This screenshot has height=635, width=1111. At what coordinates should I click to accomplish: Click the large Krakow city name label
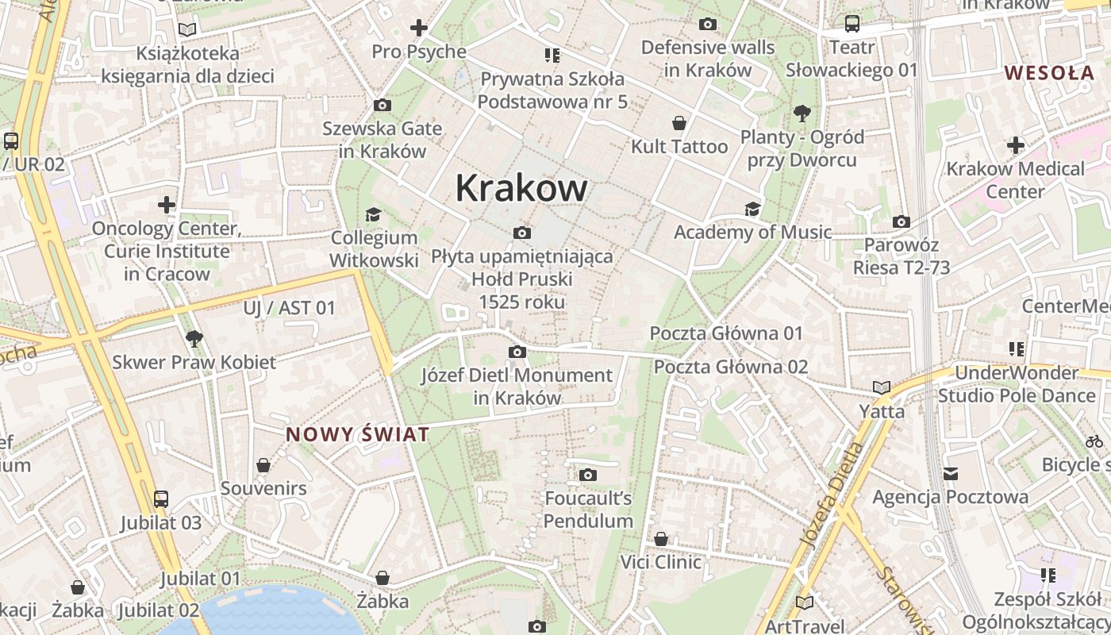[x=521, y=188]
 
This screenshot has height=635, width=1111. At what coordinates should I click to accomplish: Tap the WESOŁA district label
[x=1049, y=73]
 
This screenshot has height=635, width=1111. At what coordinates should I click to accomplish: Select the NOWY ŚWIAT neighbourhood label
[x=357, y=434]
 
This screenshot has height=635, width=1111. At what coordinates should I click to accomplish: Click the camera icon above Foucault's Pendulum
[x=588, y=475]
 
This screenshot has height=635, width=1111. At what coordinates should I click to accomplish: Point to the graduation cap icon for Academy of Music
[x=752, y=209]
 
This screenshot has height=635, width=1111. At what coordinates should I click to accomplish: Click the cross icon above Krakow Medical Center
[x=1016, y=145]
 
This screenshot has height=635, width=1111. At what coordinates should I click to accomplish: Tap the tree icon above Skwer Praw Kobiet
[x=194, y=339]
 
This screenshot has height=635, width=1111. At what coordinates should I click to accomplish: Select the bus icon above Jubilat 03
[x=161, y=499]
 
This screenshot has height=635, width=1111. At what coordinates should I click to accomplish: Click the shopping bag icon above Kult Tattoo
[x=679, y=123]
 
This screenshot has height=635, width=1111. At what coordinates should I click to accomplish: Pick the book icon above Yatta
[x=881, y=387]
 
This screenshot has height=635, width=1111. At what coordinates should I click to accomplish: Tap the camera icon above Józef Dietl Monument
[x=517, y=352]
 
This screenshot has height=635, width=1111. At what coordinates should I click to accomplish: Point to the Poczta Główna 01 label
[x=726, y=333]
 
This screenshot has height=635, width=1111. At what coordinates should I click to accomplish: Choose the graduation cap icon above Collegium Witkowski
[x=373, y=214]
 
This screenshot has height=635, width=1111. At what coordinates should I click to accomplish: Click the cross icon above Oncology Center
[x=167, y=205]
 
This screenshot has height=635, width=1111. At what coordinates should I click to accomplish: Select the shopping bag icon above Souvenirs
[x=263, y=465]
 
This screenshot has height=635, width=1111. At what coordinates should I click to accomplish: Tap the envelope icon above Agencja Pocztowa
[x=951, y=474]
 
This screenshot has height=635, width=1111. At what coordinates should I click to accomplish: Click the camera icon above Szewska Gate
[x=382, y=105]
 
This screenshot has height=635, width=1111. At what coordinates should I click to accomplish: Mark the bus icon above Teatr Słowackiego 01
[x=852, y=24]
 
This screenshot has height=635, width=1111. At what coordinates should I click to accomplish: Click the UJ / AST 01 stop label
[x=290, y=308]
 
